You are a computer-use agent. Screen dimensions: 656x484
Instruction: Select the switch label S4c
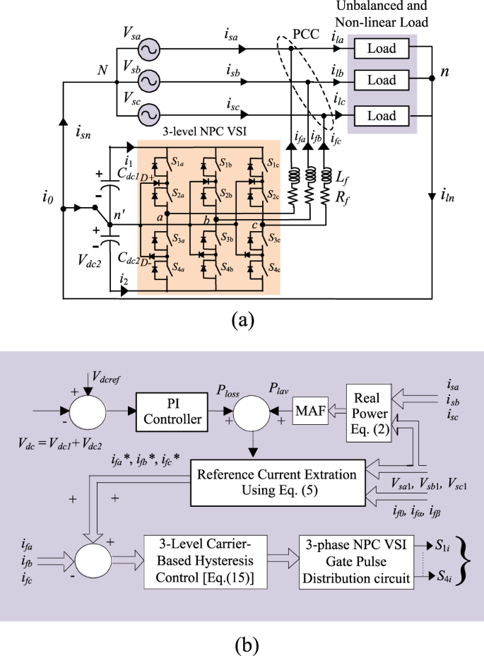[272, 269]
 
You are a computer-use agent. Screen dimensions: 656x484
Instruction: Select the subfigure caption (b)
[241, 644]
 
